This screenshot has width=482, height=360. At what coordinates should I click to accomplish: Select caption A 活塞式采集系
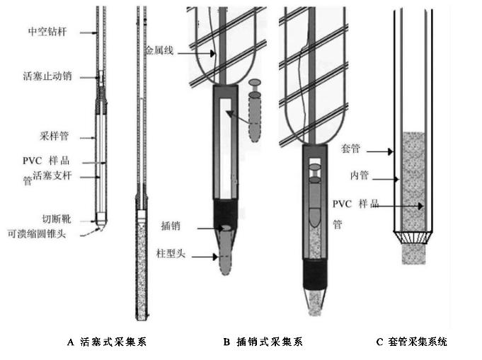(x=107, y=342)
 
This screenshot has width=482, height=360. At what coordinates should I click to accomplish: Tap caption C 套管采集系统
(x=412, y=342)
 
